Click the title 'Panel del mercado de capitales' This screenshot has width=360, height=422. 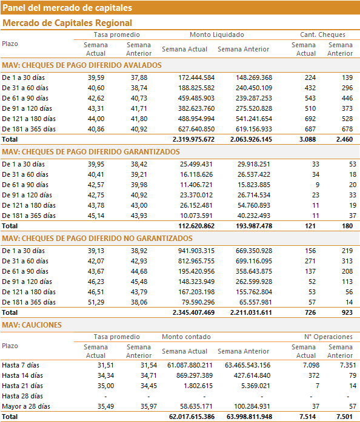(x=67, y=8)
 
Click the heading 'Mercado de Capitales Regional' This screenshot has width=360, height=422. (x=67, y=23)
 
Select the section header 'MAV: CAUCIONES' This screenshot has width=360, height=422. (x=32, y=325)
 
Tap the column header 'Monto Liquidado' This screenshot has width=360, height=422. (x=217, y=35)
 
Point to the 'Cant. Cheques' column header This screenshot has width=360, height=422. (x=322, y=35)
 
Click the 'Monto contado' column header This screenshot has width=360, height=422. (x=186, y=337)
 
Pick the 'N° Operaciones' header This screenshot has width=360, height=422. (x=328, y=337)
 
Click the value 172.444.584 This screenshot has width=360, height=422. (x=196, y=77)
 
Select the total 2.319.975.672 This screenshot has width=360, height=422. (x=193, y=139)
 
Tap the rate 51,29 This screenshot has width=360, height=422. (x=96, y=302)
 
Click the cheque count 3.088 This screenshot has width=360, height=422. (x=307, y=139)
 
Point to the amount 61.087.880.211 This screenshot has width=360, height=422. (x=190, y=365)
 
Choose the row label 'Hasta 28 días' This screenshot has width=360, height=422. (x=22, y=396)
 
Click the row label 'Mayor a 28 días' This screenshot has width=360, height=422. (x=26, y=406)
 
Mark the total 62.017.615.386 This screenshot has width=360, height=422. (x=192, y=417)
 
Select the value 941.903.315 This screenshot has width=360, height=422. (x=196, y=251)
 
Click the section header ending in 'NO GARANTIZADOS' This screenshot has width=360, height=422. (x=98, y=238)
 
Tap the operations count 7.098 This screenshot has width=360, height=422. (x=312, y=365)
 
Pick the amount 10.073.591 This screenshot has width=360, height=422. (x=196, y=216)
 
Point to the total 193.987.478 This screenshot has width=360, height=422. (x=254, y=226)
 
